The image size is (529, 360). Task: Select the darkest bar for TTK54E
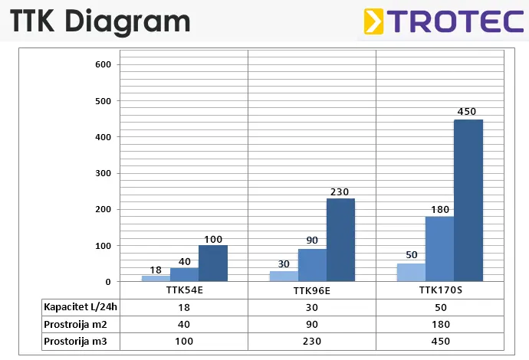pyautogui.click(x=213, y=263)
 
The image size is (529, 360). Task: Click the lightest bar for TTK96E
pyautogui.click(x=284, y=276)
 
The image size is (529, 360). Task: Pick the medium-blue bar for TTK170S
pyautogui.click(x=439, y=249)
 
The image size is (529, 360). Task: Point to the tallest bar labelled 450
pyautogui.click(x=468, y=200)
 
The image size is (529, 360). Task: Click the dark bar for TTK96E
pyautogui.click(x=340, y=240)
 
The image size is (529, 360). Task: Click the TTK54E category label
pyautogui.click(x=184, y=291)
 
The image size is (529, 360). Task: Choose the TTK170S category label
pyautogui.click(x=439, y=291)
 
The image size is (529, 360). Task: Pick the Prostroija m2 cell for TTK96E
pyautogui.click(x=312, y=324)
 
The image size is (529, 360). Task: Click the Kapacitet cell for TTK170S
pyautogui.click(x=439, y=307)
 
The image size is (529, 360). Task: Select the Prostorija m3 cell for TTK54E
pyautogui.click(x=184, y=342)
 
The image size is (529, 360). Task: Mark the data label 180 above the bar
pyautogui.click(x=439, y=208)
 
